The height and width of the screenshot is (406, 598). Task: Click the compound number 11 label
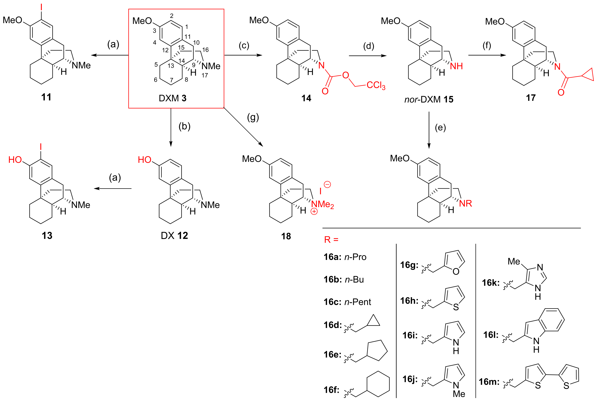tap(46, 97)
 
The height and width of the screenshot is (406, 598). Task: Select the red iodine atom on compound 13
tap(41, 147)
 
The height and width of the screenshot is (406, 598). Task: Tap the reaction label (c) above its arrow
tap(244, 45)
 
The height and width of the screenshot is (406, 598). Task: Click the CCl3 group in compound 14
tap(376, 85)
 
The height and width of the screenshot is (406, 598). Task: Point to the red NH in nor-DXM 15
tap(456, 66)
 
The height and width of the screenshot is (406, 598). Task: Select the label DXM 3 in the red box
tap(172, 98)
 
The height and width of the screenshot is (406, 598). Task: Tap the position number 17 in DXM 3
tap(205, 75)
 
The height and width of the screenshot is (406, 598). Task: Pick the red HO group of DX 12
tap(144, 160)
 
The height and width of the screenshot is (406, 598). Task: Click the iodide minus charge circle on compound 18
tap(327, 184)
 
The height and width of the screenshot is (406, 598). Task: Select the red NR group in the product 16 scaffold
tap(465, 204)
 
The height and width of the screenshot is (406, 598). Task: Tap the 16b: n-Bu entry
tap(343, 280)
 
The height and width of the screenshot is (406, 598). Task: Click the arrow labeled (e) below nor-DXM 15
tap(429, 130)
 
